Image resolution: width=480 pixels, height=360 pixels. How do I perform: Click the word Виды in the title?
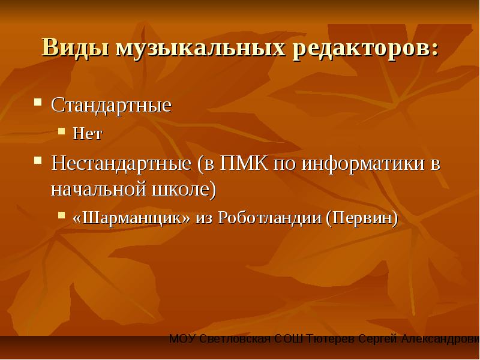click(x=75, y=47)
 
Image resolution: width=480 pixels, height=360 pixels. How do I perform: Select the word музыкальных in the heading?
click(x=200, y=48)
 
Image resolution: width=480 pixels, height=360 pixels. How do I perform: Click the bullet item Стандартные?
click(x=111, y=106)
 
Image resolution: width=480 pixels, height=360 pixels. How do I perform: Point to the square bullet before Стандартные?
click(x=38, y=102)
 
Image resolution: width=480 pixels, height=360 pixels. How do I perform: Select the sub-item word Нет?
click(x=87, y=133)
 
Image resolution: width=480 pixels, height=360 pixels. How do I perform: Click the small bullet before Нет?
click(x=62, y=131)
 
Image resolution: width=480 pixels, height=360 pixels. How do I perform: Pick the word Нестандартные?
click(x=121, y=163)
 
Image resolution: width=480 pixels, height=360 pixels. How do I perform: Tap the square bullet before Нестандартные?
click(x=38, y=160)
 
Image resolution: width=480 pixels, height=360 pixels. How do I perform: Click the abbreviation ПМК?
click(x=244, y=163)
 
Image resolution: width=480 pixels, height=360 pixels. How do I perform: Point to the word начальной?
click(x=99, y=190)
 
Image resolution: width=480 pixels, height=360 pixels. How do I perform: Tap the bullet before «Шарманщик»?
click(x=62, y=215)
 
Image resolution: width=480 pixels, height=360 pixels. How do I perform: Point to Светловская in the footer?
click(x=235, y=340)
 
